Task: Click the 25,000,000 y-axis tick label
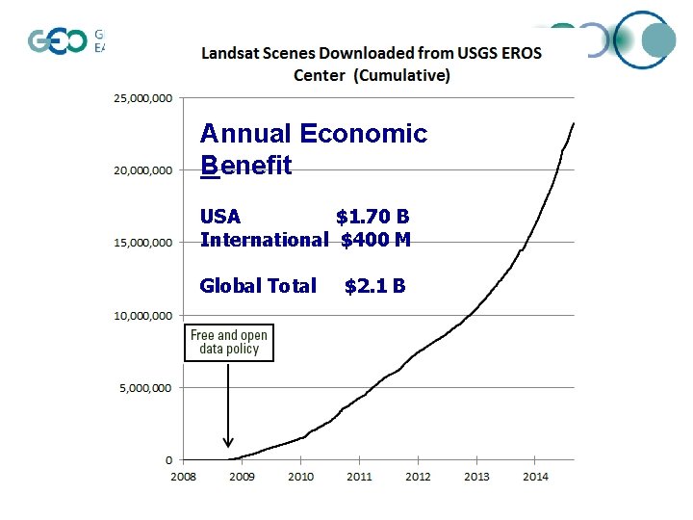(x=143, y=98)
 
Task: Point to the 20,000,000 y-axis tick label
(x=143, y=170)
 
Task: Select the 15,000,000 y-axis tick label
(x=143, y=243)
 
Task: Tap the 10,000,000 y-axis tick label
(x=143, y=316)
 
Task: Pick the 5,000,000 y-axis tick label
(x=146, y=388)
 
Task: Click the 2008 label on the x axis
(x=183, y=477)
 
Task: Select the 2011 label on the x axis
(x=359, y=477)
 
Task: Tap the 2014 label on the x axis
(x=535, y=477)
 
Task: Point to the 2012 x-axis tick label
(x=418, y=477)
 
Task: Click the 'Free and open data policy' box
(x=229, y=342)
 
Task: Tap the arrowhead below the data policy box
(x=228, y=442)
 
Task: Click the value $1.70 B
(x=372, y=217)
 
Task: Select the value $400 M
(x=375, y=240)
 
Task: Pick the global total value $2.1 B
(x=374, y=286)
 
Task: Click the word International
(x=264, y=240)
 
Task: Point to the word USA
(x=220, y=217)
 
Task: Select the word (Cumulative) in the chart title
(x=402, y=75)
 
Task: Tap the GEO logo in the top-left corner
(x=57, y=41)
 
